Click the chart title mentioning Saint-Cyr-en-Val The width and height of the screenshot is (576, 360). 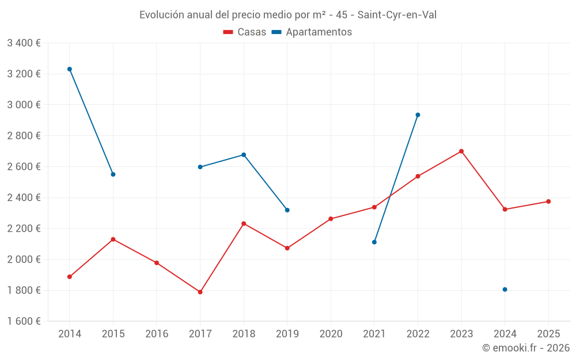[x=287, y=15]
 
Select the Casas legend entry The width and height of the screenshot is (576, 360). [x=245, y=32]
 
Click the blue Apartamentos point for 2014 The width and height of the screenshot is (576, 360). [x=70, y=69]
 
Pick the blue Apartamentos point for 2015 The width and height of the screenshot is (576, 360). [x=113, y=175]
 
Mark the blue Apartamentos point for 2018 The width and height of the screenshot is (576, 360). [x=244, y=155]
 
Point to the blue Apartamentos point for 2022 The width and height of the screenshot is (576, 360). [x=418, y=115]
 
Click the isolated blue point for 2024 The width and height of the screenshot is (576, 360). [x=505, y=289]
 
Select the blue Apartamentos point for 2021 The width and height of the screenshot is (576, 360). [x=374, y=242]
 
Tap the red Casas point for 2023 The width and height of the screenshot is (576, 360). [x=461, y=151]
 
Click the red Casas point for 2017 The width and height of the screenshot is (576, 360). [x=200, y=292]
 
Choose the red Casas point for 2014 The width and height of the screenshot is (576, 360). [x=70, y=277]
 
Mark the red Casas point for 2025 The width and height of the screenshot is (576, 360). [x=548, y=202]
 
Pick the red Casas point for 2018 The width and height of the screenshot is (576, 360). [x=244, y=223]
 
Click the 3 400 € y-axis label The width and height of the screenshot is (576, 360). [x=24, y=43]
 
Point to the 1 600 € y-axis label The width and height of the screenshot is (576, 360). [x=24, y=321]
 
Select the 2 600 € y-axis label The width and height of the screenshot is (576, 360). [x=24, y=166]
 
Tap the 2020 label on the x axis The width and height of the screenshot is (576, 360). [x=331, y=334]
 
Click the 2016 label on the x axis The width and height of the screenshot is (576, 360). [x=157, y=334]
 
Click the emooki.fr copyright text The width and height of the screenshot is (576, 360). [x=525, y=348]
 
